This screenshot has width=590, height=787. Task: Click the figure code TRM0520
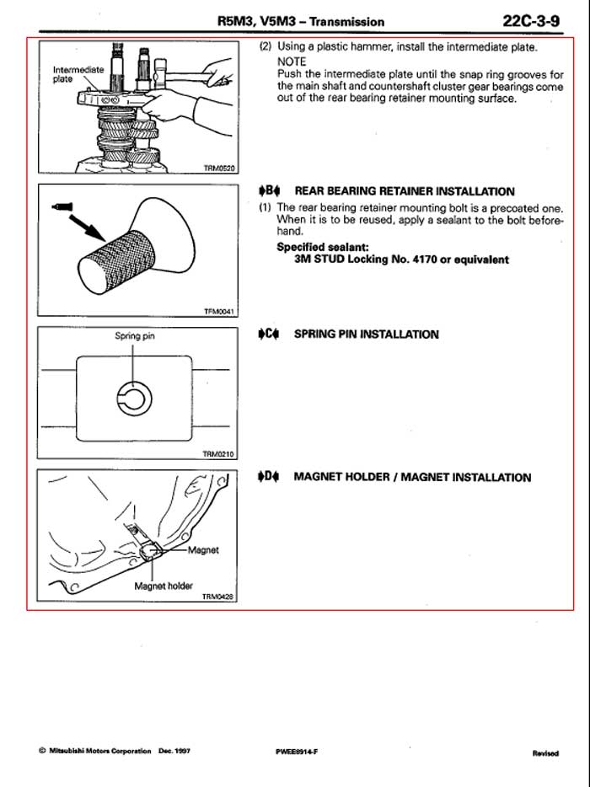[x=220, y=168]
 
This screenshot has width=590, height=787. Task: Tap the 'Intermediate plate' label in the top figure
[x=78, y=74]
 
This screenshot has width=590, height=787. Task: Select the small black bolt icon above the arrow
[x=62, y=205]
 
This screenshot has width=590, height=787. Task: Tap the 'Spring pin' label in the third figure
[x=135, y=335]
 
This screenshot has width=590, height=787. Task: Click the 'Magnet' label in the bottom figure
[x=203, y=549]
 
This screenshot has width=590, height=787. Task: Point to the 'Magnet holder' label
[x=164, y=586]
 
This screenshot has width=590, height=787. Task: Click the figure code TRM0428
[x=217, y=597]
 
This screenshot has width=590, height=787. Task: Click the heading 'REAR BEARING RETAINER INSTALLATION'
[x=404, y=191]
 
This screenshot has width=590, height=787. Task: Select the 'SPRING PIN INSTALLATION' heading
[x=366, y=334]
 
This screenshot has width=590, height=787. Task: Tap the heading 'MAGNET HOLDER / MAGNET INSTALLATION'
[x=412, y=477]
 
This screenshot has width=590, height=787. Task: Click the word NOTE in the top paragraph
[x=292, y=62]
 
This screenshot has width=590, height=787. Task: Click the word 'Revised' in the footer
[x=544, y=752]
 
